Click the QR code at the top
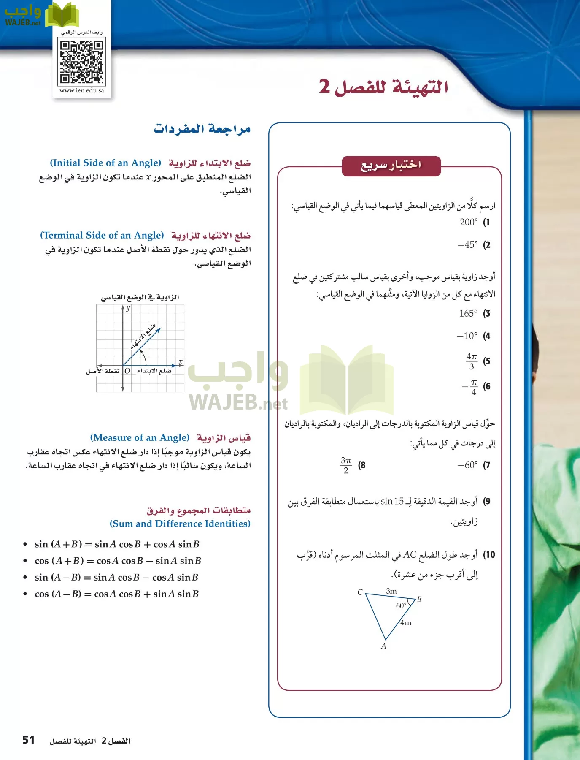coord(82,62)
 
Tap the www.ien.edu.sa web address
coord(82,90)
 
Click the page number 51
coord(28,740)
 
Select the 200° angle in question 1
coord(469,222)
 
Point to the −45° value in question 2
coord(467,245)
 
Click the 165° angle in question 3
coord(468,313)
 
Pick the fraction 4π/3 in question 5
coord(472,361)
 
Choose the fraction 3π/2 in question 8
coord(346,465)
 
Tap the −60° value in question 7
coord(467,465)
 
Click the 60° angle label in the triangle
coord(401,606)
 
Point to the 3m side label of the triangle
coord(391,591)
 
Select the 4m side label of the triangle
coord(406,623)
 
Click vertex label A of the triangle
coord(383,646)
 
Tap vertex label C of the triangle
coord(360,592)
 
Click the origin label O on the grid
coord(127,371)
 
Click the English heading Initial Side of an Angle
coord(105,163)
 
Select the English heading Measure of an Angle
coord(140,438)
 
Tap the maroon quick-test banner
coord(391,166)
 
